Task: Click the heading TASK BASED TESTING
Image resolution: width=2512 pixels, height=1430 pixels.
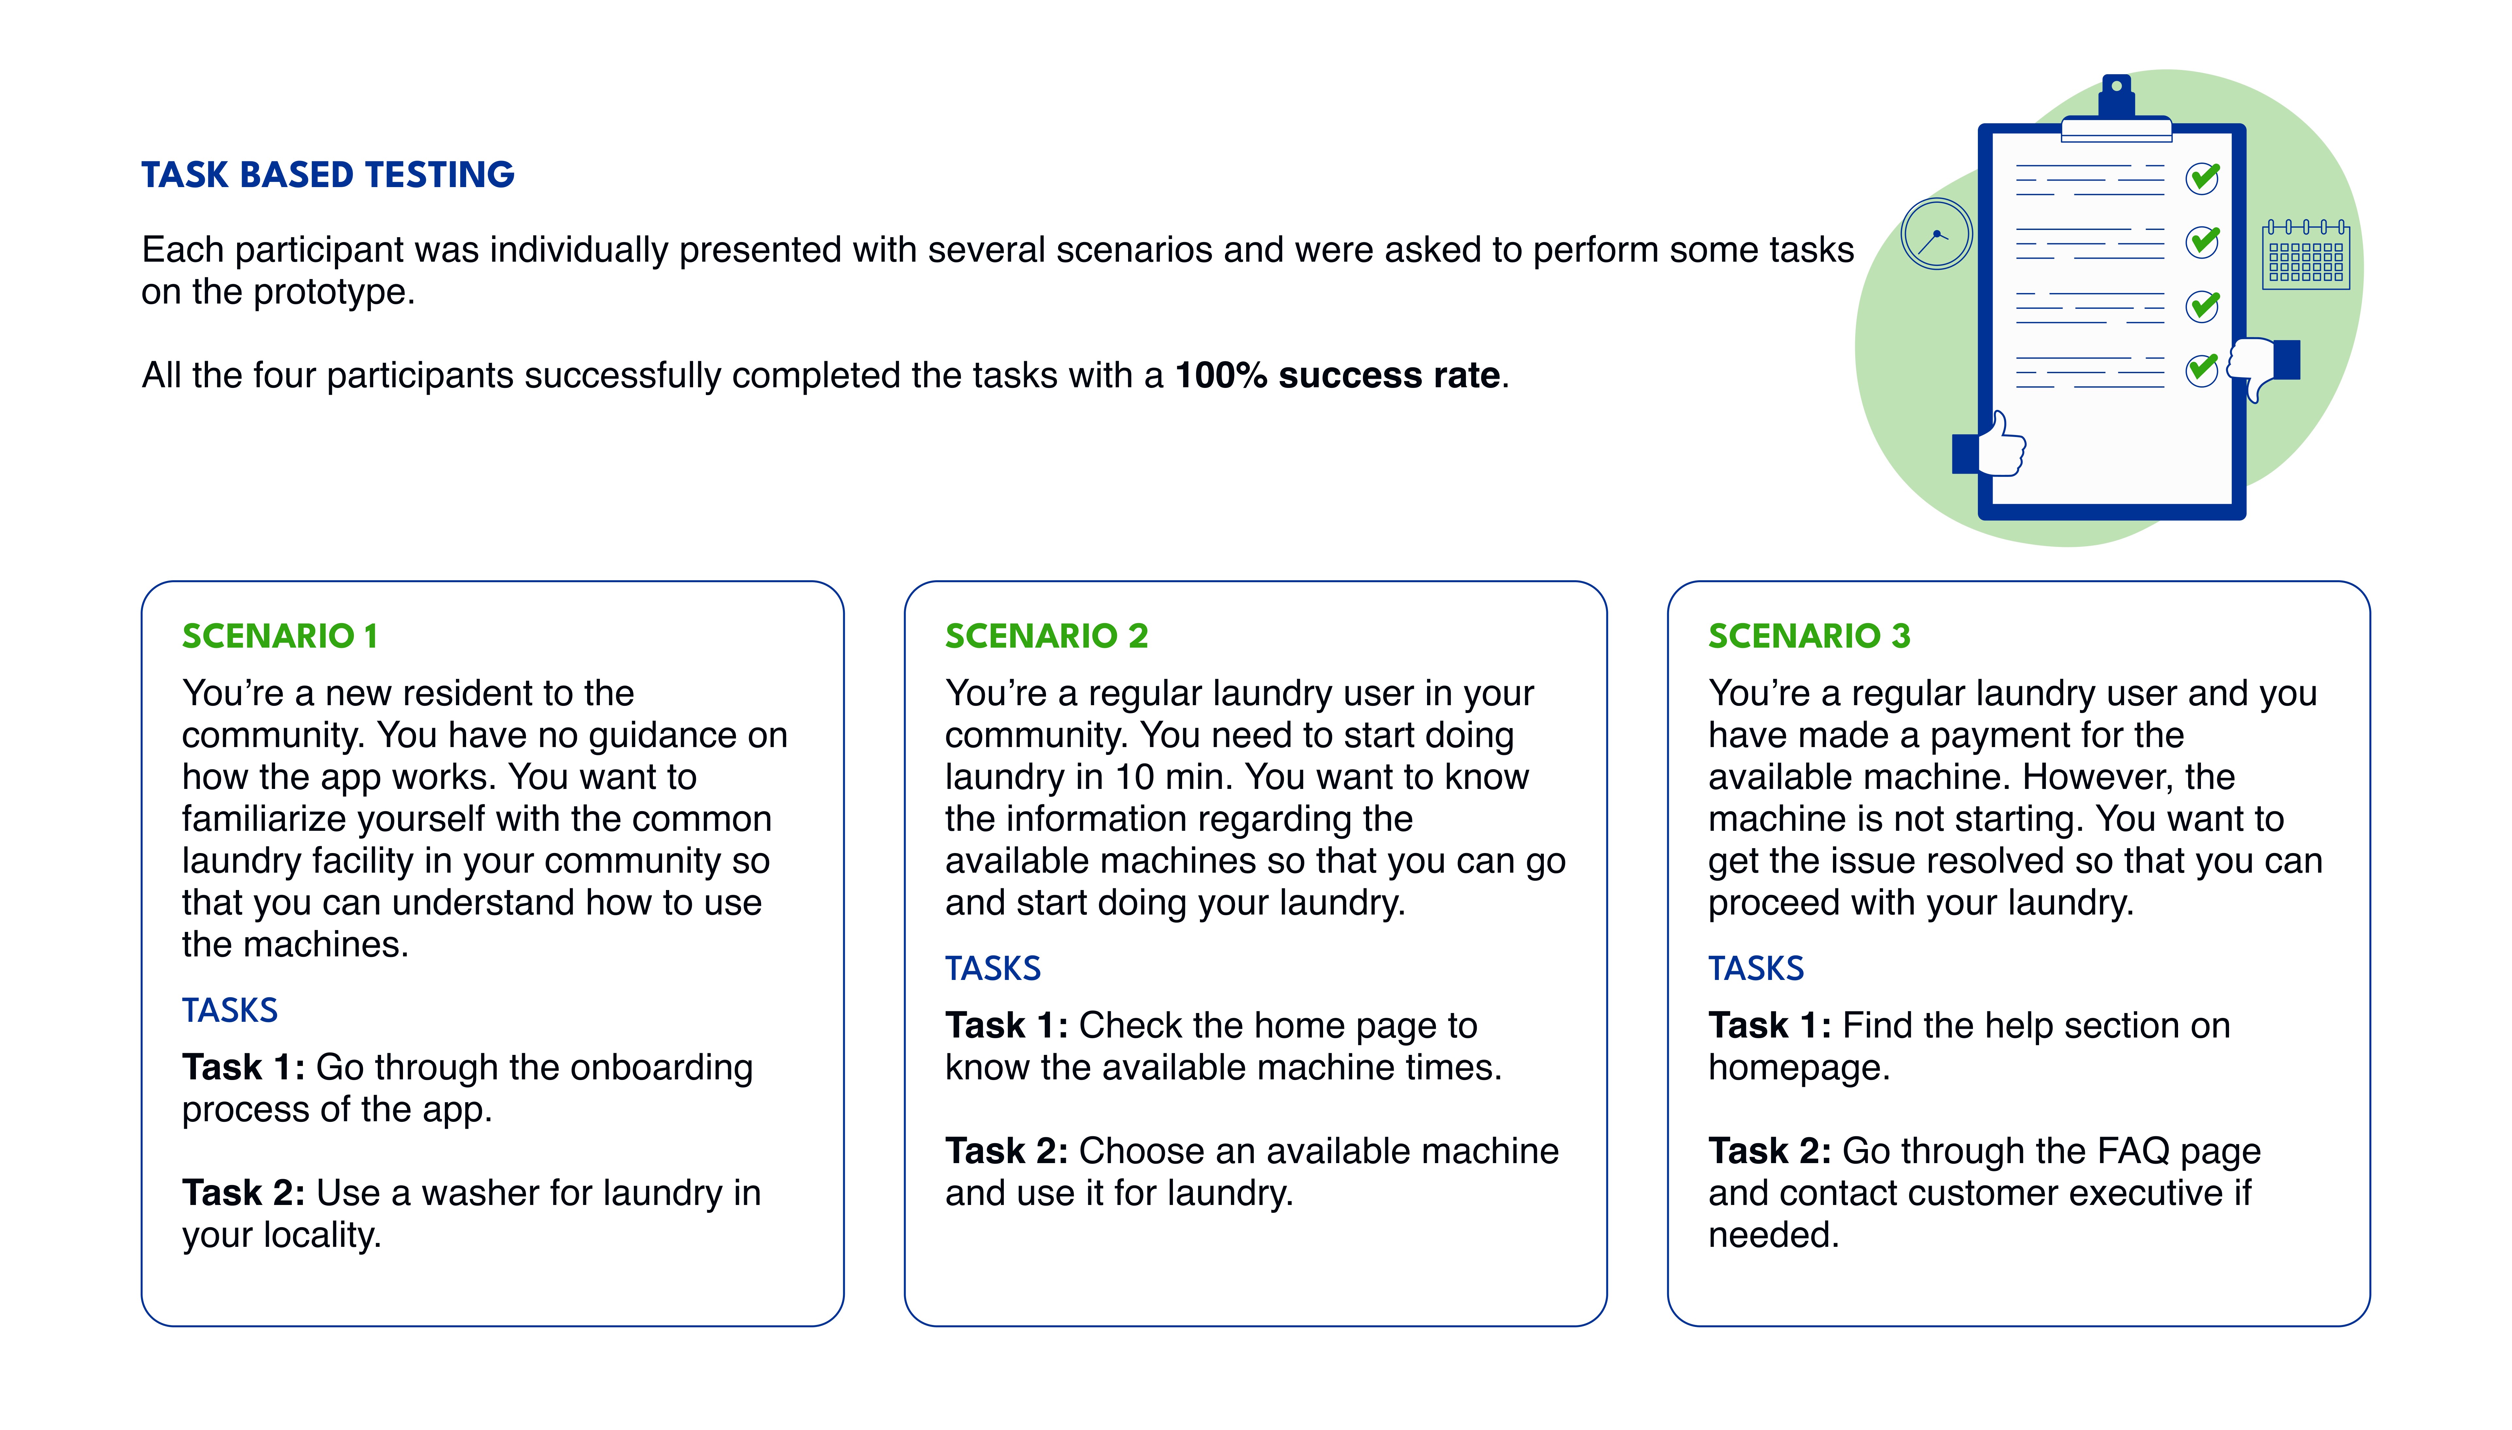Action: tap(328, 175)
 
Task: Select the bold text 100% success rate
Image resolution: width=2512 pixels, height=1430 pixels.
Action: tap(1337, 375)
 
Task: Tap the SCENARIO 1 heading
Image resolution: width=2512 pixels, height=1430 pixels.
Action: tap(280, 637)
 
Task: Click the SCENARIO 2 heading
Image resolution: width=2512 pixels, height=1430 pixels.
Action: tap(1046, 637)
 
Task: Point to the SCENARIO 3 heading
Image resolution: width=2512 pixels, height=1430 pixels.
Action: tap(1809, 637)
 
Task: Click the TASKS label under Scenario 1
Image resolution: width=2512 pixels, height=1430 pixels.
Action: tap(230, 1011)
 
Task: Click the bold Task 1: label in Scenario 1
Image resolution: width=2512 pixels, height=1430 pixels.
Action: tap(244, 1068)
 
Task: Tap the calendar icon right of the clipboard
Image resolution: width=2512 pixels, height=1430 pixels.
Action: tap(2306, 254)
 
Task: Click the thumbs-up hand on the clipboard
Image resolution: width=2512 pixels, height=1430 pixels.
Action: tap(1991, 447)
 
